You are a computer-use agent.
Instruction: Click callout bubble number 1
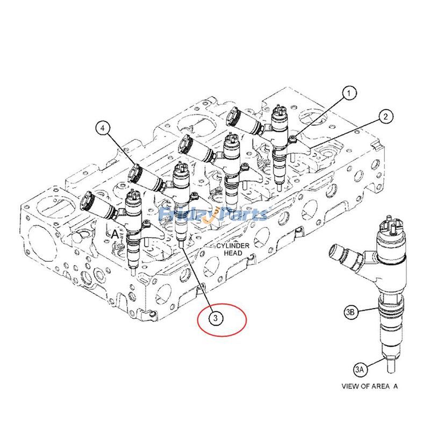click(350, 93)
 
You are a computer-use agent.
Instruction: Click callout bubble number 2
click(385, 116)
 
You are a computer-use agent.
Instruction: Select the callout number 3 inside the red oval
click(215, 319)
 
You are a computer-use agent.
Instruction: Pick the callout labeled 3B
click(350, 311)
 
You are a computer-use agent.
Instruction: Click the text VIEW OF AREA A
click(370, 386)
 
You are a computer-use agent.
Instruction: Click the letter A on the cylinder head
click(114, 234)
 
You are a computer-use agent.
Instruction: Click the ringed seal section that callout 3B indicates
click(389, 310)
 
